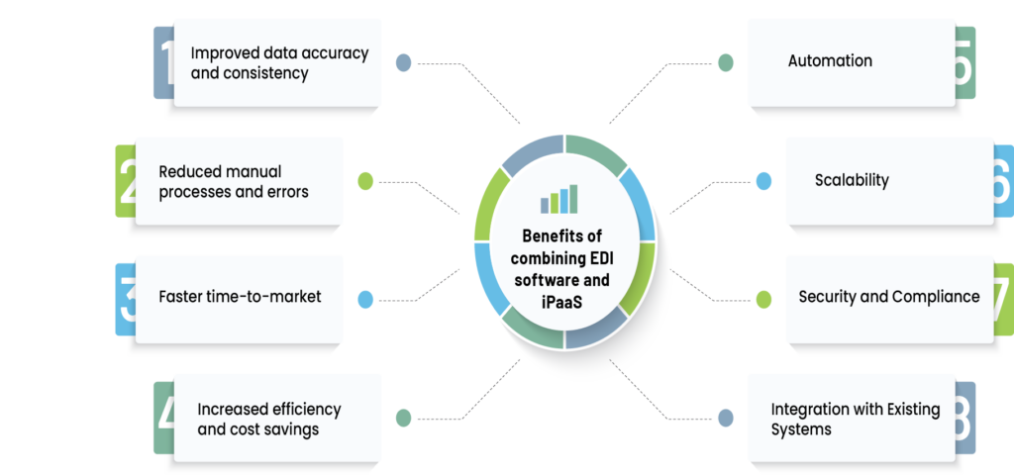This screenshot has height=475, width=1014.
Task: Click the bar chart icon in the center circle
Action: coord(558,199)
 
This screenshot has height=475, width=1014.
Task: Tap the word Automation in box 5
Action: coord(830,60)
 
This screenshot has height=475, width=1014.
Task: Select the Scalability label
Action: coord(852,180)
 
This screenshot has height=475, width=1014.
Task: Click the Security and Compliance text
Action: coord(888,297)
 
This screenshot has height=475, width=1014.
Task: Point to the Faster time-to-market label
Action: coord(240,297)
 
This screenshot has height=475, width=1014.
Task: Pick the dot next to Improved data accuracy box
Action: coord(403,62)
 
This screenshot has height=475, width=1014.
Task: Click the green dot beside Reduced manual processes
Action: coord(364,181)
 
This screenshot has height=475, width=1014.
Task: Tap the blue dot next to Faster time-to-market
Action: coord(364,298)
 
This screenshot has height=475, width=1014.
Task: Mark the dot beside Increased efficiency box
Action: coord(403,418)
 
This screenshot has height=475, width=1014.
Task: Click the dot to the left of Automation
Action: coord(726,62)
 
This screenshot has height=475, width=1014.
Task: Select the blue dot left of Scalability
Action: coord(763,181)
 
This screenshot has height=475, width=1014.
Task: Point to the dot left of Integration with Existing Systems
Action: coord(726,418)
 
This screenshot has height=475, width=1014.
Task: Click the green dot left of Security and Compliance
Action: coord(763,298)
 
